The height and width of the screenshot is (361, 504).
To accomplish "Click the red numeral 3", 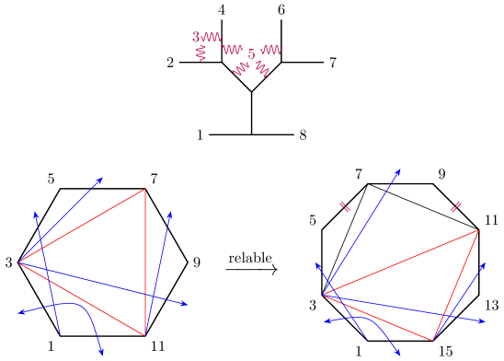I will click(196, 38).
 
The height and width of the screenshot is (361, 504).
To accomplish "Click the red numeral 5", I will click(251, 54).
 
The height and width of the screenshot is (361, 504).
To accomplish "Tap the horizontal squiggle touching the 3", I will click(212, 38).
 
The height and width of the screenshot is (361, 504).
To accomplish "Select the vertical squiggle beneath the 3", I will click(200, 54).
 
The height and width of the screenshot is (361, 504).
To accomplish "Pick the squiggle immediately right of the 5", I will click(271, 50).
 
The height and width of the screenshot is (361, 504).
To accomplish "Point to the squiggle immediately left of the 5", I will click(232, 50).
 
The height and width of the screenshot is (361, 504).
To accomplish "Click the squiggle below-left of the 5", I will click(241, 69).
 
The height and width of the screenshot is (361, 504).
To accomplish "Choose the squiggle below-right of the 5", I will click(262, 68).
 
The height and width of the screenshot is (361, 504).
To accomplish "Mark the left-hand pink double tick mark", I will click(345, 207).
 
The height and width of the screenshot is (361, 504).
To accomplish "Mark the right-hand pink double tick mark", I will click(455, 207).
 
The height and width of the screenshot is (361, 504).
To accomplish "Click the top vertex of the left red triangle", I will click(144, 190).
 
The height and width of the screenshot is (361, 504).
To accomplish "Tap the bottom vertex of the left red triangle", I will click(145, 335).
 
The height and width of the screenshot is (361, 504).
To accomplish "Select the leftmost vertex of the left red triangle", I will click(19, 262).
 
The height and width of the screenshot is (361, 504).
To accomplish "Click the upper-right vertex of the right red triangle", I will click(478, 230).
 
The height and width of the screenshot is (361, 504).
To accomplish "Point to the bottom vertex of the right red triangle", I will click(433, 340).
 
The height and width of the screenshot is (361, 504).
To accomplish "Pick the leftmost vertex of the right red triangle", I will click(323, 295).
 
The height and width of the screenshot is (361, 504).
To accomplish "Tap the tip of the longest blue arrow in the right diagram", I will click(400, 169).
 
